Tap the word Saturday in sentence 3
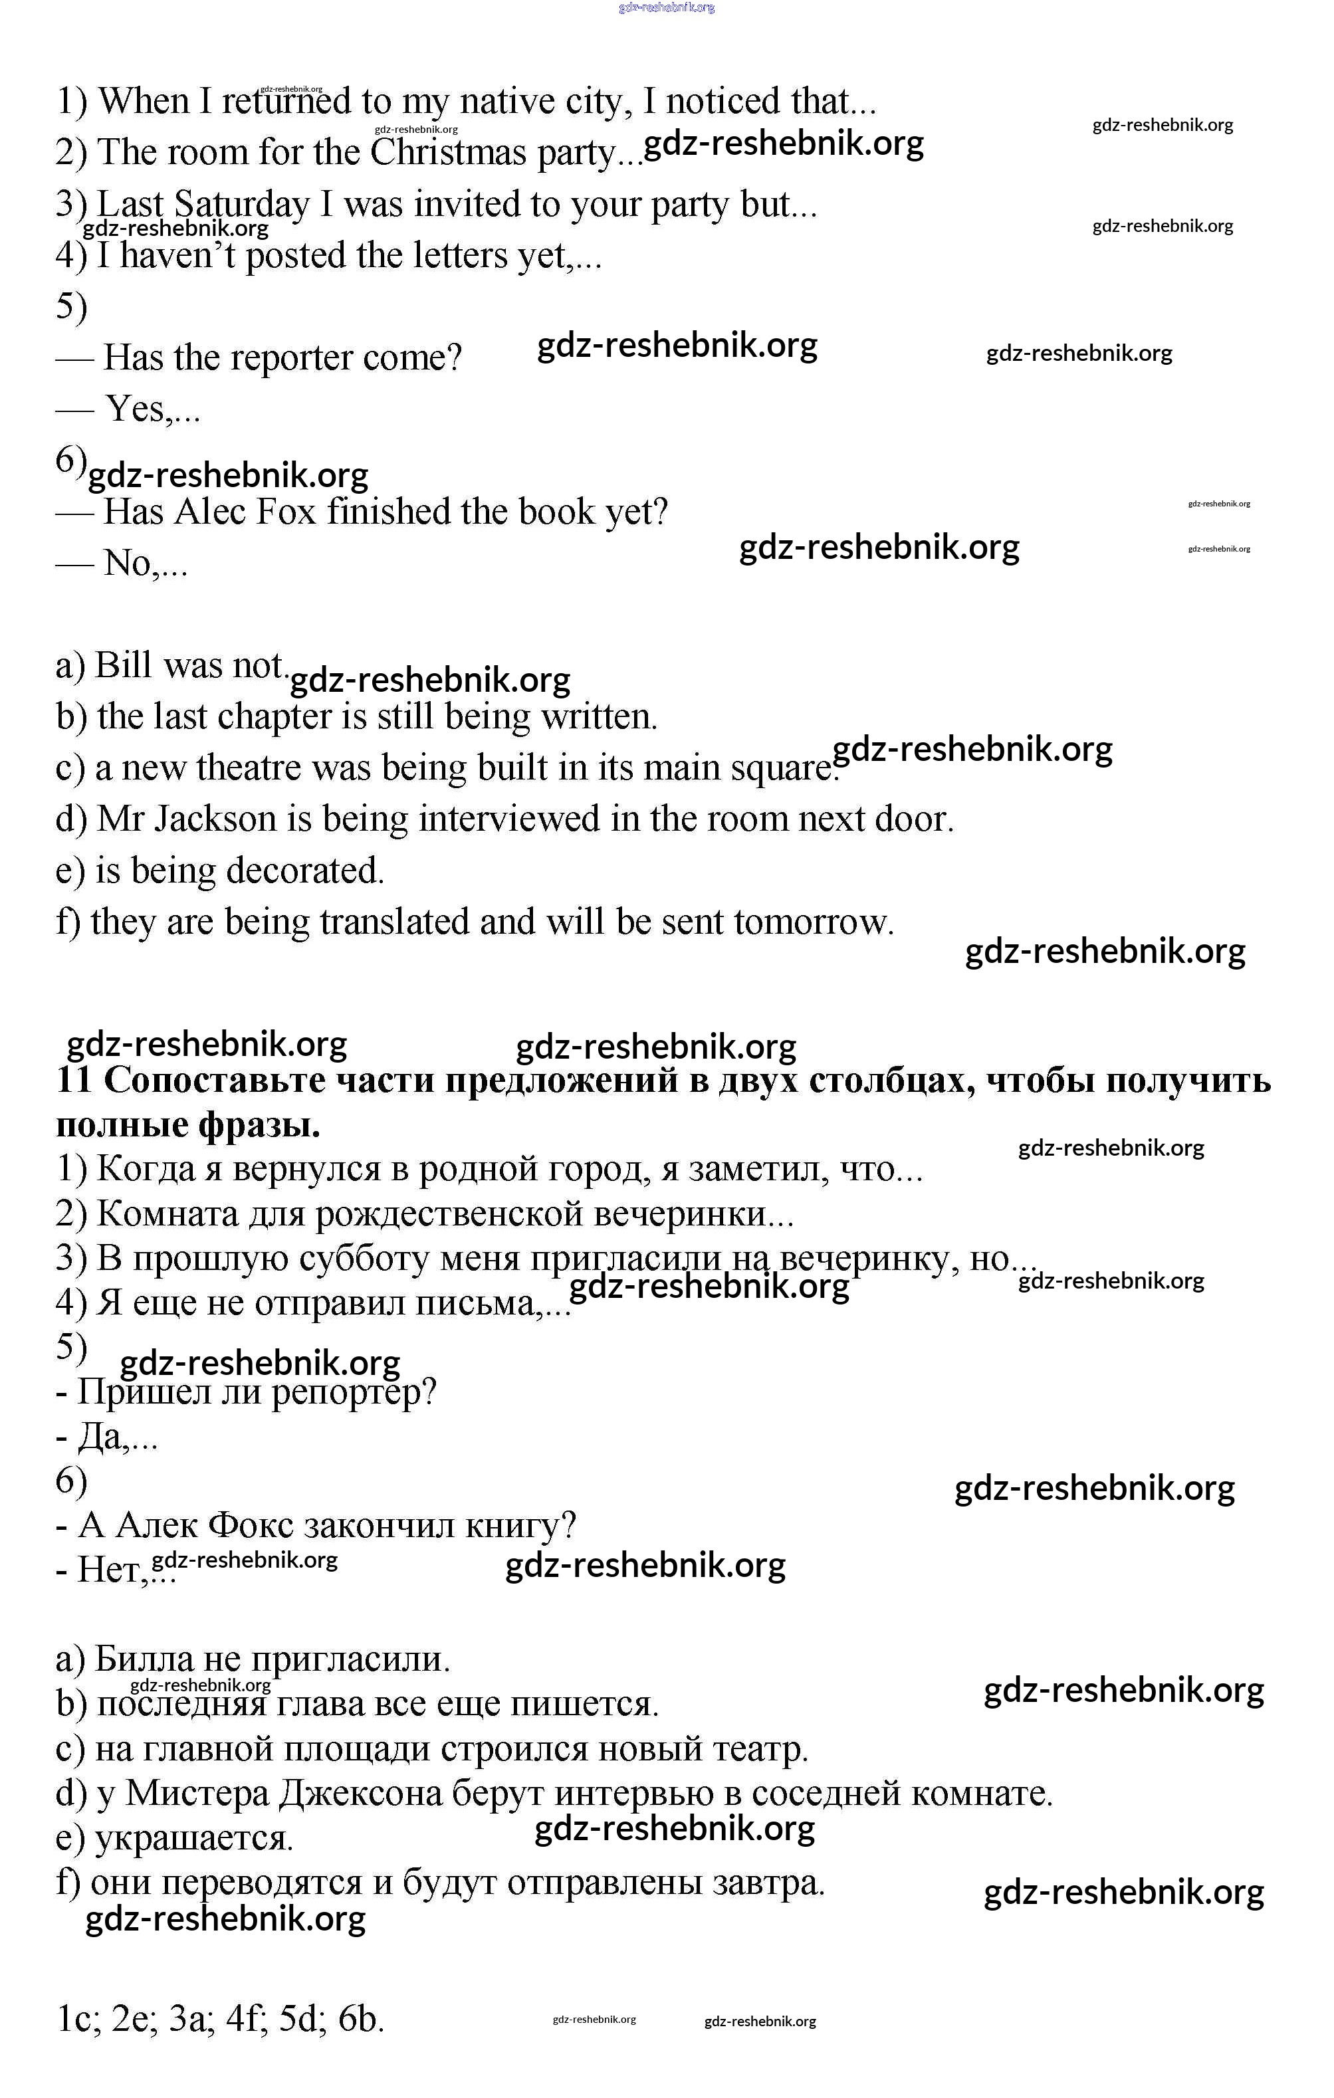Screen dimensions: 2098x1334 tap(241, 204)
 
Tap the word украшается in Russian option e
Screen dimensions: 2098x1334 tap(193, 1837)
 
